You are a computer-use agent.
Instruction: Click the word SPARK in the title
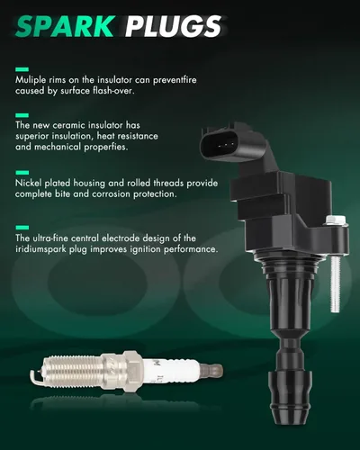(65, 26)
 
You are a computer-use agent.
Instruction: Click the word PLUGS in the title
(174, 26)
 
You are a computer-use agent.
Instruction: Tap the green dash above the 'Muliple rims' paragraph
(22, 69)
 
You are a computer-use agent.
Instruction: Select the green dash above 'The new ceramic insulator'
(22, 115)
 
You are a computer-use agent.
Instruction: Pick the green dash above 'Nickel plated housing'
(22, 173)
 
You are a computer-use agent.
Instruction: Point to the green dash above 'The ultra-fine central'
(22, 228)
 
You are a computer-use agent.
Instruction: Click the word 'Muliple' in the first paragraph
(31, 80)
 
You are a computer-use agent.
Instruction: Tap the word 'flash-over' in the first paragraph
(112, 91)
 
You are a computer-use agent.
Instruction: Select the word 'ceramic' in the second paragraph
(65, 125)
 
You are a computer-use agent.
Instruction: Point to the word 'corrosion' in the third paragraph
(111, 194)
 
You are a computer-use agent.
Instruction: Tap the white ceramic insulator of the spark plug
(171, 369)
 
